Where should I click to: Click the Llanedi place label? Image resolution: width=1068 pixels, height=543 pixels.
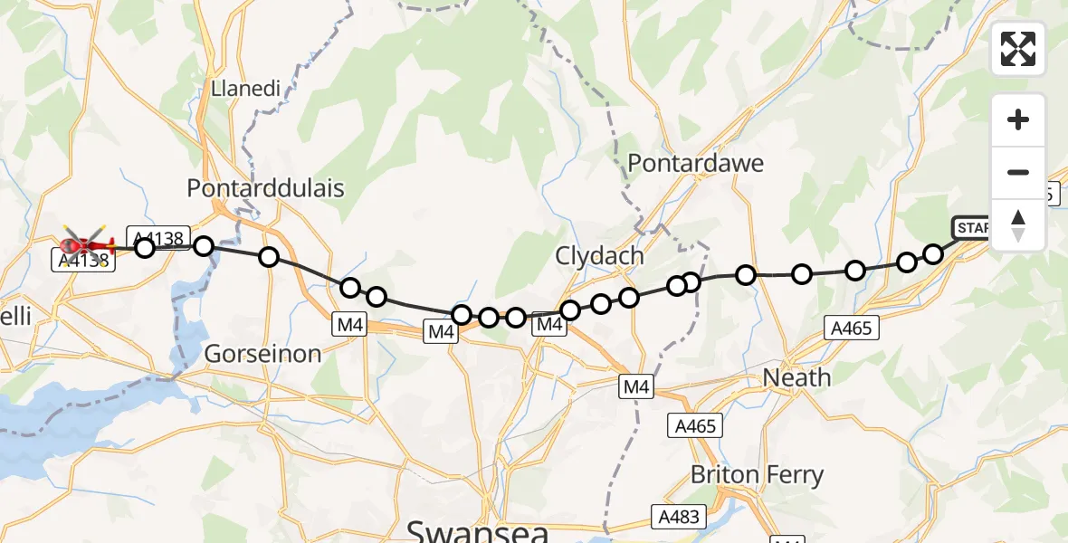tap(245, 89)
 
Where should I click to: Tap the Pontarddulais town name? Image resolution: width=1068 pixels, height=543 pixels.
tap(265, 188)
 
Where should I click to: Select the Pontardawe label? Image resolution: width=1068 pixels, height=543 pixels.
tap(695, 164)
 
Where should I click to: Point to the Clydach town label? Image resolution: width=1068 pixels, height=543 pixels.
tap(601, 256)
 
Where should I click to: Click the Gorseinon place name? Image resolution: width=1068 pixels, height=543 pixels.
tap(262, 354)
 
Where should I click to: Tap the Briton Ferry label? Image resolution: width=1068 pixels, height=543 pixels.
tap(757, 474)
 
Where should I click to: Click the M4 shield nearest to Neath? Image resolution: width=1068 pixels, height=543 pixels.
tap(636, 387)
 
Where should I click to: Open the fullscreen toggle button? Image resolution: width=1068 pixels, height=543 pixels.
tap(1018, 49)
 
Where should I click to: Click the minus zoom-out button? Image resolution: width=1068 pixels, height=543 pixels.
tap(1018, 172)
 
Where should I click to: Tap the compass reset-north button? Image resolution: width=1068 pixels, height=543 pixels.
tap(1018, 225)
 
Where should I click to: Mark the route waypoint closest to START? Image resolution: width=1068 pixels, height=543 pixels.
tap(933, 253)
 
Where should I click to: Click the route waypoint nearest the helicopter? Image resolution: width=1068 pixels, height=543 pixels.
tap(145, 247)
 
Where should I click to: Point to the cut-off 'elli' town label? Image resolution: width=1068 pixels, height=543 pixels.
tap(16, 316)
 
